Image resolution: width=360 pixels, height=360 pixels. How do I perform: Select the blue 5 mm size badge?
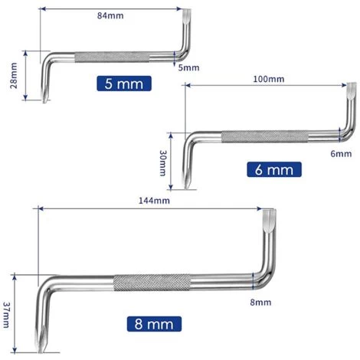click(x=123, y=84)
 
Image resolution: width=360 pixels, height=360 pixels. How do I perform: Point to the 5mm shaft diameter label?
click(x=188, y=67)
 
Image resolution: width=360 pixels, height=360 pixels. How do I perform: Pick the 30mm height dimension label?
click(x=162, y=162)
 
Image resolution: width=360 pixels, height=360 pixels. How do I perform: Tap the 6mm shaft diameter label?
click(x=342, y=154)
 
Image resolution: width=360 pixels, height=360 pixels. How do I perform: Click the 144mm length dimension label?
click(x=155, y=200)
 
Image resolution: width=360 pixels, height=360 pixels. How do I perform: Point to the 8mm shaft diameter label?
click(x=260, y=303)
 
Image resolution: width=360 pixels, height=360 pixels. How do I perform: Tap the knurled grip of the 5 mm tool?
click(x=106, y=57)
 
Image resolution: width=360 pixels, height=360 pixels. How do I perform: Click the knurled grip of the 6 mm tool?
click(x=260, y=138)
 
